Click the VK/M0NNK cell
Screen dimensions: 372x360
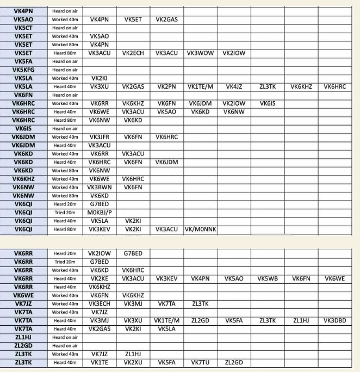pyautogui.click(x=201, y=230)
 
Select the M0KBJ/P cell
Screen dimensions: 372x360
pyautogui.click(x=100, y=213)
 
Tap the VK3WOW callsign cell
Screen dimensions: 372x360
pyautogui.click(x=200, y=53)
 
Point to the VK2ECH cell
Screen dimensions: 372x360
pyautogui.click(x=133, y=53)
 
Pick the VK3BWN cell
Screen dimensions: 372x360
pyautogui.click(x=100, y=188)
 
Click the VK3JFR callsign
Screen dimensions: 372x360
pyautogui.click(x=100, y=137)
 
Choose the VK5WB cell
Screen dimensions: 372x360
pyautogui.click(x=267, y=278)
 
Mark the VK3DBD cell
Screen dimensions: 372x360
pyautogui.click(x=334, y=321)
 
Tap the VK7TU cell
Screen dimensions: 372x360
pyautogui.click(x=200, y=363)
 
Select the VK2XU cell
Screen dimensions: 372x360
pyautogui.click(x=133, y=363)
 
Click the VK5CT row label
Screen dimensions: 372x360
pyautogui.click(x=23, y=28)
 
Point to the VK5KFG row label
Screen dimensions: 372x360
pyautogui.click(x=23, y=70)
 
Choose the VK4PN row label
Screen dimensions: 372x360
pyautogui.click(x=23, y=11)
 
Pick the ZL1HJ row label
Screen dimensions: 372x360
pyautogui.click(x=23, y=337)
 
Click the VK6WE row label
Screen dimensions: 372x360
pyautogui.click(x=23, y=295)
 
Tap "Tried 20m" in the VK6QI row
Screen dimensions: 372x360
pyautogui.click(x=65, y=213)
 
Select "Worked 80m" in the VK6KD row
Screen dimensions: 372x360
pyautogui.click(x=65, y=171)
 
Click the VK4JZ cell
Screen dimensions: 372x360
pyautogui.click(x=234, y=86)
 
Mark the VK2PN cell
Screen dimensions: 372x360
pyautogui.click(x=166, y=86)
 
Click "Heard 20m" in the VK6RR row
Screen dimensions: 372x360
pyautogui.click(x=65, y=253)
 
